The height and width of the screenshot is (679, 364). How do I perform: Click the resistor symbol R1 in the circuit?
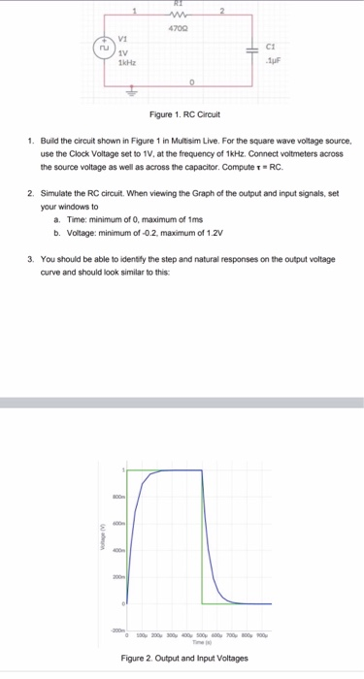click(177, 15)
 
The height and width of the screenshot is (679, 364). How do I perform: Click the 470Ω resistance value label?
click(177, 28)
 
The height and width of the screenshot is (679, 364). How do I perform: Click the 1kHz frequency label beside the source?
click(126, 63)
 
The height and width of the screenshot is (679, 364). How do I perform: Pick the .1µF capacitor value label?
click(271, 58)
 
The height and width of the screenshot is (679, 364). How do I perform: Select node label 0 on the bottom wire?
click(192, 82)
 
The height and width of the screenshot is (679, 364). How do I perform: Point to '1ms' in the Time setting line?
click(189, 221)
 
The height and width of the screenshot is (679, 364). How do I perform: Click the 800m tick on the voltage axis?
click(116, 497)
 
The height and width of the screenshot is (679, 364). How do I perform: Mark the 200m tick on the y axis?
click(116, 576)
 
